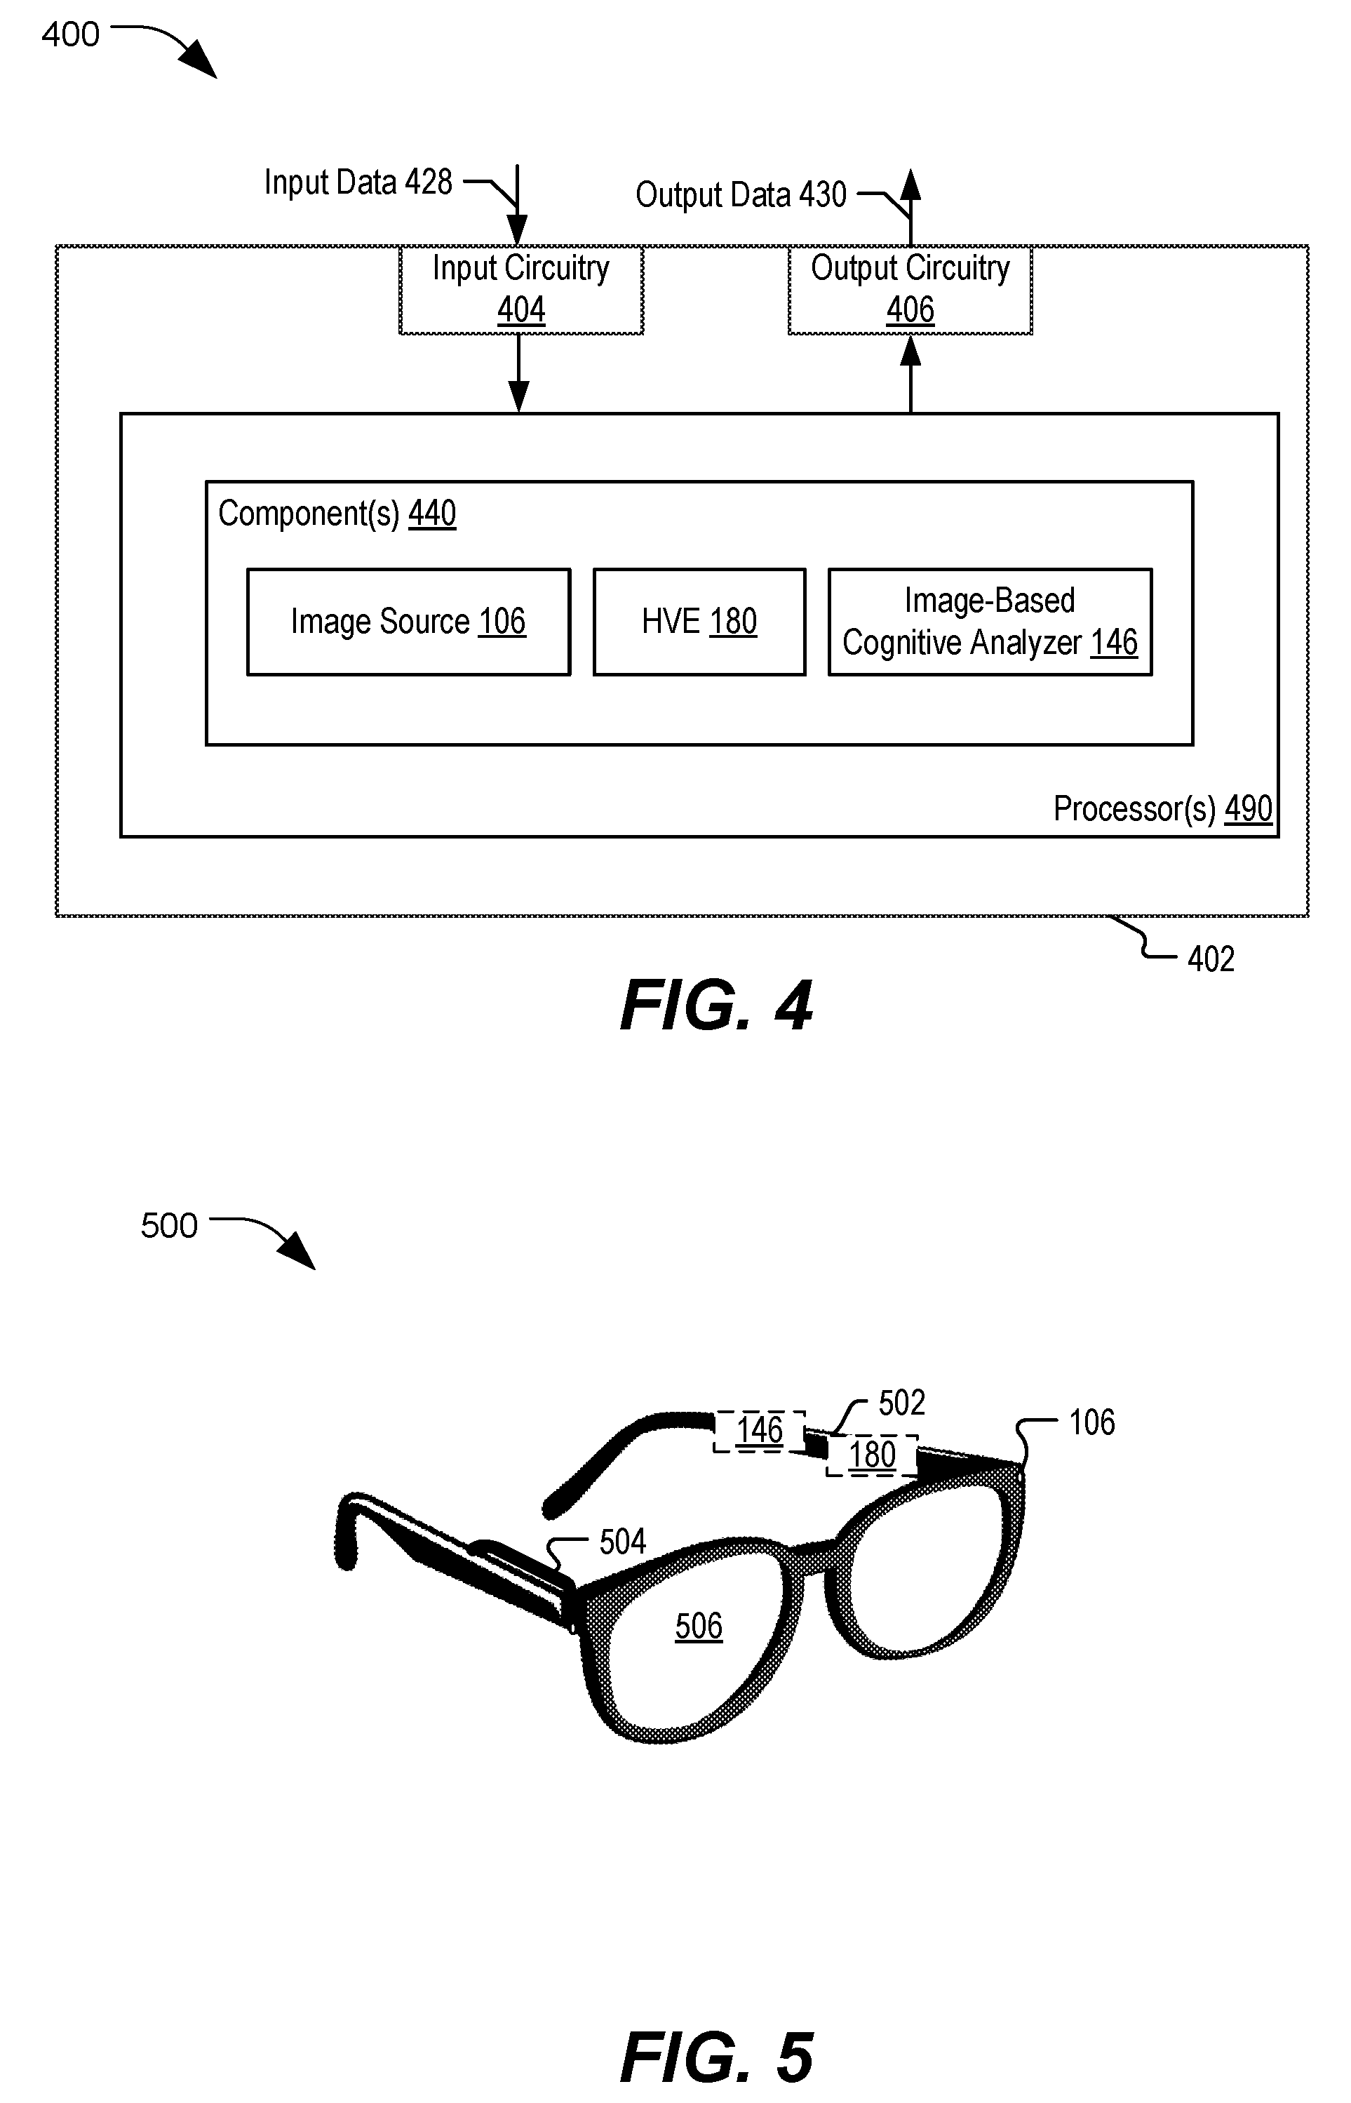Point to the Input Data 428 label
pyautogui.click(x=358, y=182)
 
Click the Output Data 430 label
pyautogui.click(x=741, y=195)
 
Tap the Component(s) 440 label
pyautogui.click(x=337, y=513)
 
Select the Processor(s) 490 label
pyautogui.click(x=1162, y=809)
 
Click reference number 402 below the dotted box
pyautogui.click(x=1211, y=959)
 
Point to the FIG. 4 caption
pyautogui.click(x=716, y=1006)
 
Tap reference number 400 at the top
pyautogui.click(x=70, y=35)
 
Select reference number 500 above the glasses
pyautogui.click(x=169, y=1226)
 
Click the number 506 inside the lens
pyautogui.click(x=699, y=1627)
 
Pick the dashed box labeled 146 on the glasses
pyautogui.click(x=759, y=1431)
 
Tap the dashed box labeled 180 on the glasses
pyautogui.click(x=872, y=1455)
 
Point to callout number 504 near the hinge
pyautogui.click(x=622, y=1542)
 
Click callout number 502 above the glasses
pyautogui.click(x=902, y=1403)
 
